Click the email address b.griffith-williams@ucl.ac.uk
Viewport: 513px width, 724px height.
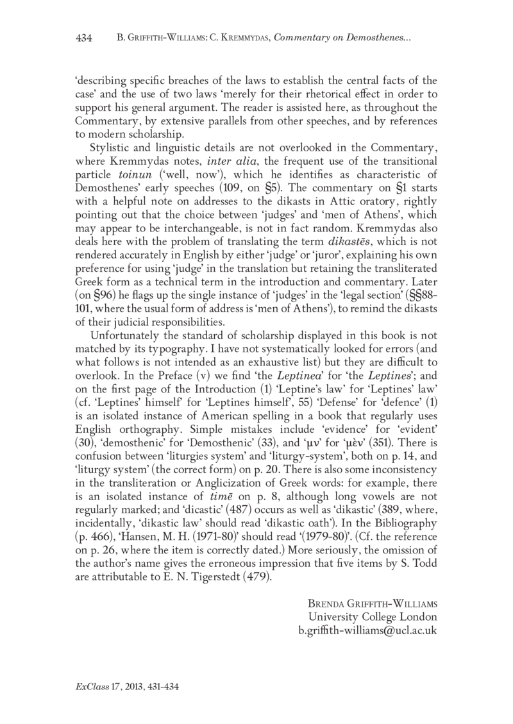(x=367, y=630)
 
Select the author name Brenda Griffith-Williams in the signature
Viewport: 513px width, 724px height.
(x=373, y=604)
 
